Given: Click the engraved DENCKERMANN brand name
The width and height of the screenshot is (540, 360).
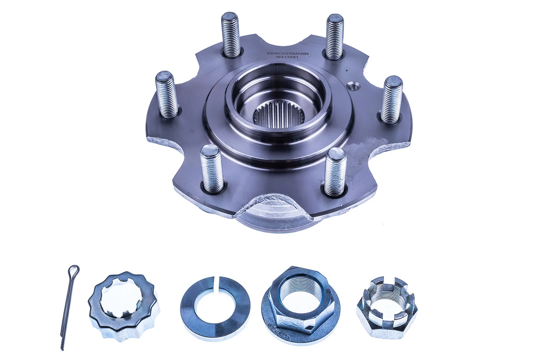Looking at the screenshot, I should (283, 53).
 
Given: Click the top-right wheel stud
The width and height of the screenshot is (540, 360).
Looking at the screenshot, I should (335, 36).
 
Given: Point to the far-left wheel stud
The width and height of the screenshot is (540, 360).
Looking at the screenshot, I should (166, 94).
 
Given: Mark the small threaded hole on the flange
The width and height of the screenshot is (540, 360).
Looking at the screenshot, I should (352, 85).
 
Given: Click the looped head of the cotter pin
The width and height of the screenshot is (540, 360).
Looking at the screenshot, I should (74, 269).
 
